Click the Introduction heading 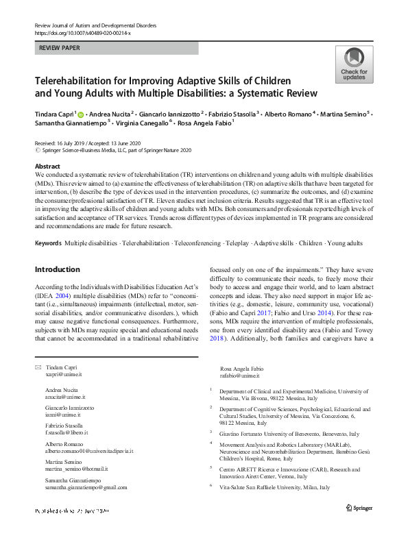coord(57,269)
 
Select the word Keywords coord(48,243)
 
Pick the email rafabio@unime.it coord(240,375)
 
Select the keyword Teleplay coord(237,243)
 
